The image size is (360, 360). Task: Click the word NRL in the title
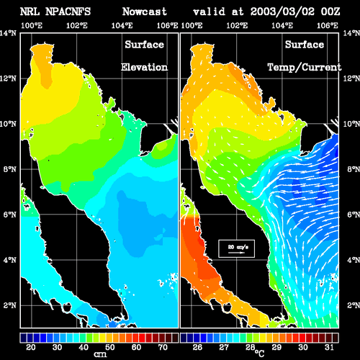pyautogui.click(x=30, y=12)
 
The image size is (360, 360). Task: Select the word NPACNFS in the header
pyautogui.click(x=68, y=12)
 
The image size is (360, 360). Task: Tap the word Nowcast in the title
pyautogui.click(x=145, y=12)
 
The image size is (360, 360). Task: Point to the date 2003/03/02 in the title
pyautogui.click(x=282, y=12)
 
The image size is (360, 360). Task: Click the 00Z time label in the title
pyautogui.click(x=330, y=12)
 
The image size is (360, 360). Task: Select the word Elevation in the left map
pyautogui.click(x=144, y=67)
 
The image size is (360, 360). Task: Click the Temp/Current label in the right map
pyautogui.click(x=305, y=68)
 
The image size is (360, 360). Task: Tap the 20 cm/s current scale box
pyautogui.click(x=236, y=248)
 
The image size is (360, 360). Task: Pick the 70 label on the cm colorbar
pyautogui.click(x=163, y=347)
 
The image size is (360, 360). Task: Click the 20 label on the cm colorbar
pyautogui.click(x=31, y=347)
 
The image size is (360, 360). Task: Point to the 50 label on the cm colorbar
pyautogui.click(x=110, y=347)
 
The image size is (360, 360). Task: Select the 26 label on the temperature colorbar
pyautogui.click(x=197, y=347)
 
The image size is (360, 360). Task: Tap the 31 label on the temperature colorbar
pyautogui.click(x=329, y=347)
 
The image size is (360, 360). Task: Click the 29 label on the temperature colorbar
pyautogui.click(x=276, y=347)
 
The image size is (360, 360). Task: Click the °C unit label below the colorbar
pyautogui.click(x=259, y=354)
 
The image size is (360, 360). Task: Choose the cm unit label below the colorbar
pyautogui.click(x=100, y=354)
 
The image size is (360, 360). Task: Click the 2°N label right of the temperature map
pyautogui.click(x=354, y=305)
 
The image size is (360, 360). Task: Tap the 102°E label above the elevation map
pyautogui.click(x=77, y=25)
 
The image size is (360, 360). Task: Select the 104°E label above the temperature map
pyautogui.click(x=282, y=25)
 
